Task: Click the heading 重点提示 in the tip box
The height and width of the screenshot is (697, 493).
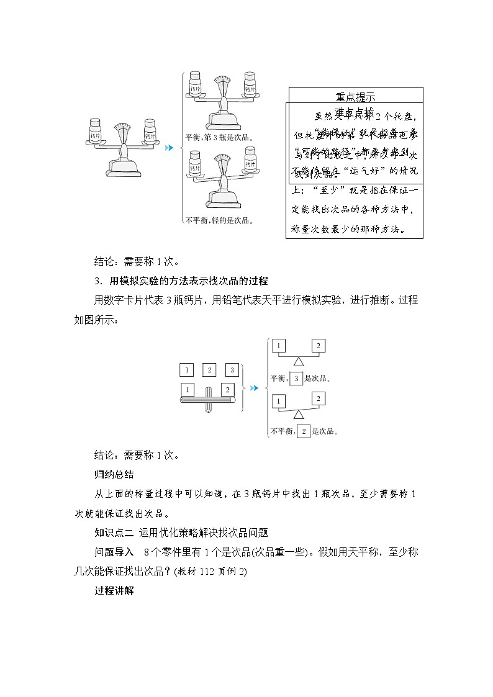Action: coord(355,96)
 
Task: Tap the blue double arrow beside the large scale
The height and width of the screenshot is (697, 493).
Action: coord(169,148)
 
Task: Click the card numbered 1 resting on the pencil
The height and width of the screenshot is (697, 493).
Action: coord(186,390)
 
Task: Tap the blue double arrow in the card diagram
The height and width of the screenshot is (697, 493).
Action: coord(253,389)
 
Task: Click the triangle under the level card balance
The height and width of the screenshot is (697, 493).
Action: coord(299,361)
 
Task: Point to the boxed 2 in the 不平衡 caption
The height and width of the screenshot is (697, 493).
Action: coord(304,431)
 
